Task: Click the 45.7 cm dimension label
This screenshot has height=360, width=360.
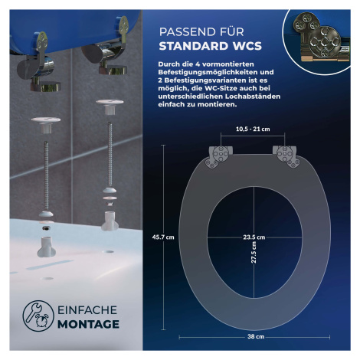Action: click(x=163, y=237)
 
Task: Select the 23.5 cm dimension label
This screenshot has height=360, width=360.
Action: click(x=254, y=237)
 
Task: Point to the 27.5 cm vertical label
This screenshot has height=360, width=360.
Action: click(x=254, y=253)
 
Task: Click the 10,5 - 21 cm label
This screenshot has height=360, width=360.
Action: click(x=253, y=129)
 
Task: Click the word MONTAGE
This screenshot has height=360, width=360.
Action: click(x=88, y=324)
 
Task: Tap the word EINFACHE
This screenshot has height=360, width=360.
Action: click(x=87, y=310)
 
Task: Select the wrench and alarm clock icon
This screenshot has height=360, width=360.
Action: click(x=38, y=316)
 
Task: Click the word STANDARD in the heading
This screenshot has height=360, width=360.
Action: click(x=194, y=46)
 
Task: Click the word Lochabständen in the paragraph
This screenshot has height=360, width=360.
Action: click(x=253, y=97)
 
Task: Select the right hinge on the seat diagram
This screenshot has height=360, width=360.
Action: click(x=286, y=156)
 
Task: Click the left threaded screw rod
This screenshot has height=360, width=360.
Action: click(x=46, y=175)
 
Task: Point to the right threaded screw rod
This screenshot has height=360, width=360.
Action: click(x=110, y=154)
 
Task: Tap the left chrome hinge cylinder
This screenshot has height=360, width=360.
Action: click(x=36, y=68)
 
